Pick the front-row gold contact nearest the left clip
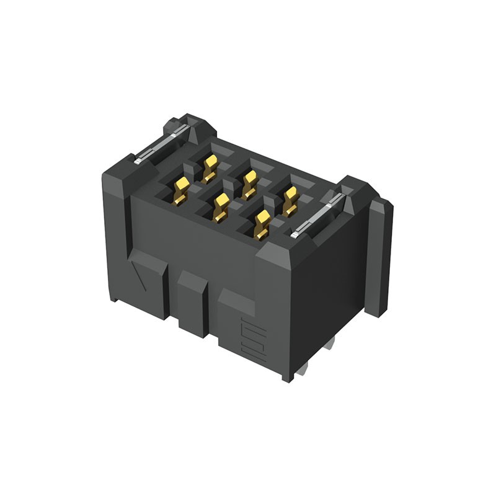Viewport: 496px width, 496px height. click(182, 190)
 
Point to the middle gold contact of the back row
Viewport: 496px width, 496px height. click(249, 184)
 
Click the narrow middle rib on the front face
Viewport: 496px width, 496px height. click(192, 304)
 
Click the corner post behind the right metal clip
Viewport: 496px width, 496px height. click(356, 188)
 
